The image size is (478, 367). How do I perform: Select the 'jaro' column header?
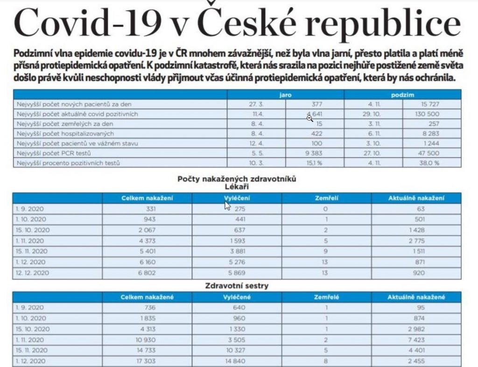[285, 95]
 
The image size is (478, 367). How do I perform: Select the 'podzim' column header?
[403, 95]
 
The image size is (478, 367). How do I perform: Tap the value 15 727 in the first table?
[429, 104]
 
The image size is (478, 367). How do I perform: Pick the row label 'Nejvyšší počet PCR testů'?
[54, 153]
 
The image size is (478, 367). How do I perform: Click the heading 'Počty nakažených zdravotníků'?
[237, 179]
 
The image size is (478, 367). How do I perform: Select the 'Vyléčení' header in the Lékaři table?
[237, 198]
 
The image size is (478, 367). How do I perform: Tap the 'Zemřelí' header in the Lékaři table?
[326, 198]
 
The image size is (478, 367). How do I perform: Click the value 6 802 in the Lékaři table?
[147, 273]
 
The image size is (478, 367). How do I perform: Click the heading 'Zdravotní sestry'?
[237, 286]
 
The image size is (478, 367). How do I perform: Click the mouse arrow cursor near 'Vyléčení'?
[228, 206]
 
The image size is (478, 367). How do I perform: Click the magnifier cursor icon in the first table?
[309, 118]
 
